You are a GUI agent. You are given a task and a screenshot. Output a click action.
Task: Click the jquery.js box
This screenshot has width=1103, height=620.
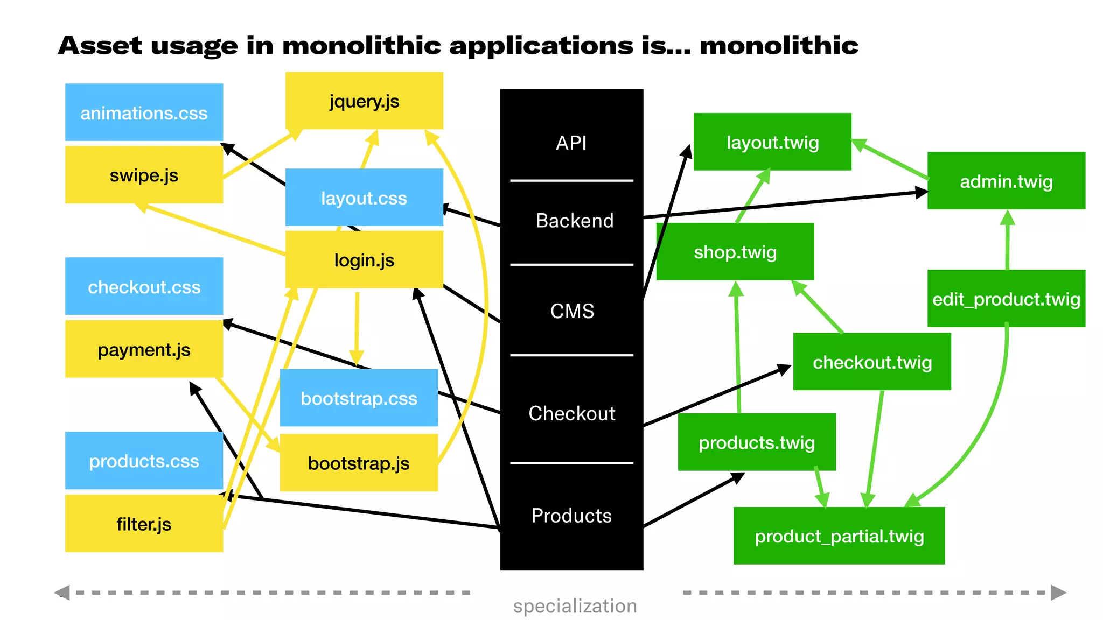click(x=364, y=101)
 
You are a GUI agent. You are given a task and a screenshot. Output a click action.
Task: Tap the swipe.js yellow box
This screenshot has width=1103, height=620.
click(x=144, y=175)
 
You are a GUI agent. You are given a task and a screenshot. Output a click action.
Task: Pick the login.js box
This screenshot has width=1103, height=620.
click(x=364, y=260)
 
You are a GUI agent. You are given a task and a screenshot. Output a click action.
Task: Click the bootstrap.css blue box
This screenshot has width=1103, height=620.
click(x=359, y=398)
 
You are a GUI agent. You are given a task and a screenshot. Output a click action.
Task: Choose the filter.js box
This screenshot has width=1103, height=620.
click(x=144, y=523)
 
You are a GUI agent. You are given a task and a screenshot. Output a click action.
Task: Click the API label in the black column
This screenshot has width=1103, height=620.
click(x=571, y=143)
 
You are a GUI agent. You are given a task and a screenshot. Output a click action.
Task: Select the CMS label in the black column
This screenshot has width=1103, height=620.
click(x=571, y=311)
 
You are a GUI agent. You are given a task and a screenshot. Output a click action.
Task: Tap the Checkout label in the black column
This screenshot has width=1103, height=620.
click(x=571, y=413)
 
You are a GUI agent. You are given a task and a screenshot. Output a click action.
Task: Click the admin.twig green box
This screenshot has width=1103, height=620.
click(x=1006, y=181)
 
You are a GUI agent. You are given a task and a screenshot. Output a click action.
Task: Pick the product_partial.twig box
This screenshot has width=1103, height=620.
click(x=839, y=536)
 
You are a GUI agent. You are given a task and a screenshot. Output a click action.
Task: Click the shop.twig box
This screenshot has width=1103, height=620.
click(x=735, y=251)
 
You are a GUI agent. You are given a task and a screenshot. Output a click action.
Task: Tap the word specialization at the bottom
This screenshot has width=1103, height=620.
click(x=575, y=605)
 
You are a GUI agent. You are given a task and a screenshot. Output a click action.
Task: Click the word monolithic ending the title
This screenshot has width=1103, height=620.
click(x=779, y=45)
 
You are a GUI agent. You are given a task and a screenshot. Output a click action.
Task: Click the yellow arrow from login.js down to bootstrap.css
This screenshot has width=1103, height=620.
click(x=357, y=328)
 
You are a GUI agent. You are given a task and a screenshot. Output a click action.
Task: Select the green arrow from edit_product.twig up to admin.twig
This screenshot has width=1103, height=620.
click(x=1007, y=242)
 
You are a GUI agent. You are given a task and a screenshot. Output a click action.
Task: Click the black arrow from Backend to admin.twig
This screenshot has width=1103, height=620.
click(x=781, y=205)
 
